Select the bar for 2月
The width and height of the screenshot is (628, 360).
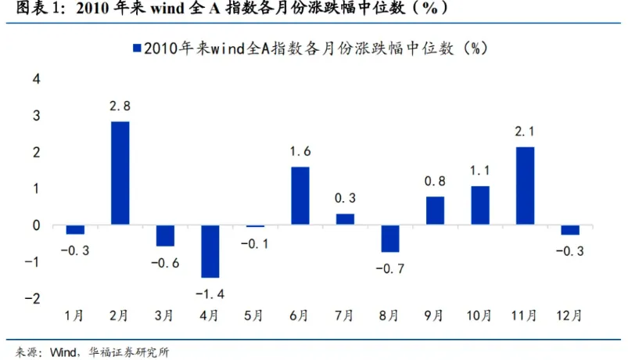tap(120, 173)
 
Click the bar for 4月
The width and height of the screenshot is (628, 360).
tap(210, 251)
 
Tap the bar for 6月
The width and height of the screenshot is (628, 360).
tap(300, 196)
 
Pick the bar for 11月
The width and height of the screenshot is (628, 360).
tap(526, 186)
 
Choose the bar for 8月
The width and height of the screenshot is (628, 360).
tap(390, 239)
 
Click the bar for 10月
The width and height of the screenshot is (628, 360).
tap(480, 205)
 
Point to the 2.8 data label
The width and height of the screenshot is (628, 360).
tap(120, 107)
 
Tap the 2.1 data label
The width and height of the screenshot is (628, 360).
tap(526, 133)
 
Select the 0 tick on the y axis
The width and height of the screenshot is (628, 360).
tap(35, 225)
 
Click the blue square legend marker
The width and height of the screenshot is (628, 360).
tap(138, 48)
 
